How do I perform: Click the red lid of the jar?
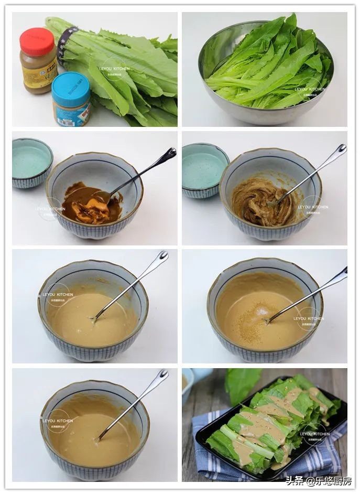pyautogui.click(x=37, y=41)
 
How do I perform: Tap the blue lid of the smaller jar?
pyautogui.click(x=70, y=88)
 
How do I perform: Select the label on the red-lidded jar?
pyautogui.click(x=39, y=73)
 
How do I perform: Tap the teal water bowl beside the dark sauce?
pyautogui.click(x=31, y=163)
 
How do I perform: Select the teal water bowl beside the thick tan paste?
pyautogui.click(x=204, y=169)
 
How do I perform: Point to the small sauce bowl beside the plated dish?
pyautogui.click(x=187, y=383)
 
